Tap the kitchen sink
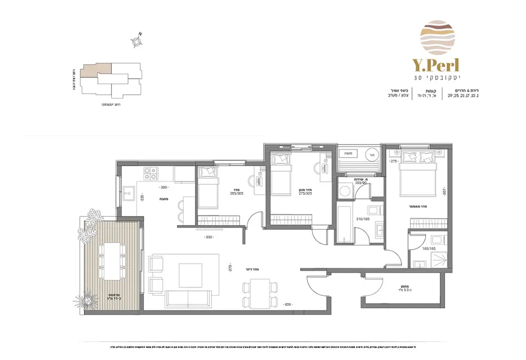click(131, 194)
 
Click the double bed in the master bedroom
click(416, 167)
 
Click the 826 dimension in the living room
click(286, 305)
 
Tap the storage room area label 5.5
click(399, 290)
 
